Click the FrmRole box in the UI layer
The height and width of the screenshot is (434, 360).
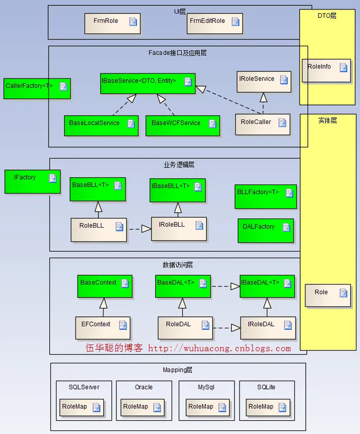tap(113, 23)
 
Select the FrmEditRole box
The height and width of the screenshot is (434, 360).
tap(215, 23)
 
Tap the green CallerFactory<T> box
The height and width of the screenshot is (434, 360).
tap(37, 89)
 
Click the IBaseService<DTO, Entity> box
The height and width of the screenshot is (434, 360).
tap(148, 83)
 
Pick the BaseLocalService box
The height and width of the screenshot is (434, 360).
tap(101, 126)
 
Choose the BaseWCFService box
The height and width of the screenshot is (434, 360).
tap(182, 126)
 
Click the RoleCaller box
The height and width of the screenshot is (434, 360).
tap(263, 125)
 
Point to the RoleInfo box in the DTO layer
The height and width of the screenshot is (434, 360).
tap(326, 70)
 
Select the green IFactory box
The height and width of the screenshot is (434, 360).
tap(32, 182)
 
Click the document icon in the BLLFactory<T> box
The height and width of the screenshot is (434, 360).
tap(290, 193)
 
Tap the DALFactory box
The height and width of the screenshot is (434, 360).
tap(266, 231)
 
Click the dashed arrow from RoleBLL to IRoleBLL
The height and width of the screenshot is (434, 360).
tap(139, 229)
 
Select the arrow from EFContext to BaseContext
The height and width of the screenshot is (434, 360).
tap(103, 308)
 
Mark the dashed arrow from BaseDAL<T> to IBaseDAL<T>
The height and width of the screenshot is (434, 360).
tap(226, 286)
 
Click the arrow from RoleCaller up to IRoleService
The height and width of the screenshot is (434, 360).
tap(263, 103)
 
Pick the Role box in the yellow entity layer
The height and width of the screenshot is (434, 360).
tap(328, 296)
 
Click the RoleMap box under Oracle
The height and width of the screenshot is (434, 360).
tap(142, 408)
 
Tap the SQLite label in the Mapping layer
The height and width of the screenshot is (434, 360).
tap(266, 387)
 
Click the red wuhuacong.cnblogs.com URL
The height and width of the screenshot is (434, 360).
tap(220, 348)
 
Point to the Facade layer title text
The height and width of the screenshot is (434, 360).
tap(178, 53)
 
